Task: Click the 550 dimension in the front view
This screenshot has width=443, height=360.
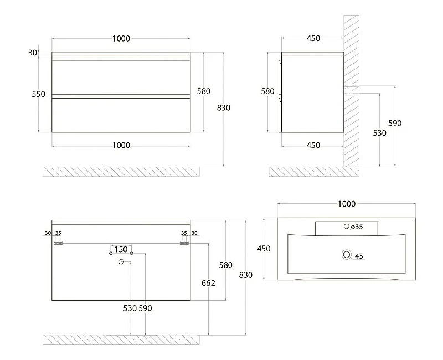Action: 38,94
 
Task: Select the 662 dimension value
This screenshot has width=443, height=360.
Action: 208,283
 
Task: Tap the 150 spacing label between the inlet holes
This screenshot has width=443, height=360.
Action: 121,250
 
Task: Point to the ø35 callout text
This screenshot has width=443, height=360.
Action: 357,227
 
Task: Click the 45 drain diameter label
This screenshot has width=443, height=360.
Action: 359,256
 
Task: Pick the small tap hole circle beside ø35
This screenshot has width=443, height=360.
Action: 347,226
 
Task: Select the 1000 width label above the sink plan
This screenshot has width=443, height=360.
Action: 347,204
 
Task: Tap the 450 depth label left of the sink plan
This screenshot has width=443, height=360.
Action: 264,249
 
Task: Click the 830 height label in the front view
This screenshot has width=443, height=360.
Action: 224,107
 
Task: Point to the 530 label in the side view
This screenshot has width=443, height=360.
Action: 379,133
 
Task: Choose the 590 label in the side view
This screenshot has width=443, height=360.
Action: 395,123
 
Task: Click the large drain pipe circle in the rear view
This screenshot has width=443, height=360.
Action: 121,262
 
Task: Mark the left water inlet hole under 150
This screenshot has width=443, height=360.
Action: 111,253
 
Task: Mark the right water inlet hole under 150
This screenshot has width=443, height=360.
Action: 131,253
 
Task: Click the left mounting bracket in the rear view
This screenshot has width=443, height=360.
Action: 58,243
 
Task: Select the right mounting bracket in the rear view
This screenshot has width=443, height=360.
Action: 184,243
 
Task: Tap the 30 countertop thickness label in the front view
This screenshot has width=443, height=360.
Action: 33,53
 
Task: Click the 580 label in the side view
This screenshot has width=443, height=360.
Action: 267,91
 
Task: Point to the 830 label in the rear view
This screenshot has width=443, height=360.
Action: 245,275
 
